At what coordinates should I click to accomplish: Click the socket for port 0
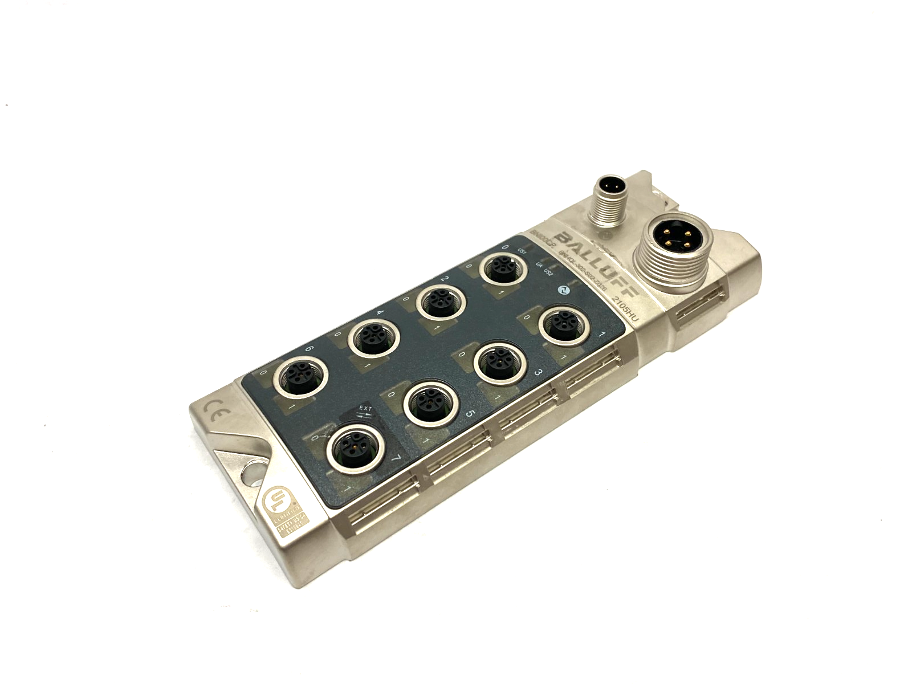[501, 267]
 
